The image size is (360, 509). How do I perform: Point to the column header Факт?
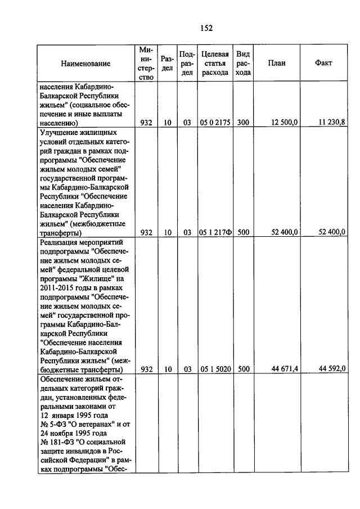[x=324, y=63]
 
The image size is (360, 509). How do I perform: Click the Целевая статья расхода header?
[x=214, y=64]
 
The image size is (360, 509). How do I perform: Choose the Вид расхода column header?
[x=243, y=64]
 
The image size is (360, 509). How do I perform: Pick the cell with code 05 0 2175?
[x=214, y=122]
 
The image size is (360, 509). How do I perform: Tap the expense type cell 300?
[x=243, y=122]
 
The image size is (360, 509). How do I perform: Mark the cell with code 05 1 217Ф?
[x=214, y=232]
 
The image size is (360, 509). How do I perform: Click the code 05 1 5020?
[x=214, y=370]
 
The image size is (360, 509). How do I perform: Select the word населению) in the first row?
[x=63, y=122]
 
